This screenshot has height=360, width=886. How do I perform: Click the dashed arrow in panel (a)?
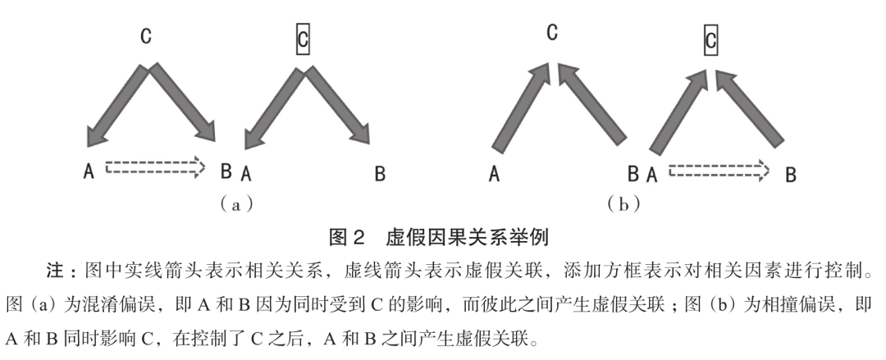click(x=154, y=167)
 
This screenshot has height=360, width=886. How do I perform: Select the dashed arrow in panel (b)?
click(x=719, y=171)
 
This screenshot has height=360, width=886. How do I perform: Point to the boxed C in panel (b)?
click(x=711, y=38)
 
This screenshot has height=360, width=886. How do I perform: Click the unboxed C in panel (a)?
click(x=144, y=38)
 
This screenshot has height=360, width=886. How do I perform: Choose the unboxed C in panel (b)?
click(x=552, y=33)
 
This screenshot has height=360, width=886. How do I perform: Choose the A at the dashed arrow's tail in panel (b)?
click(x=653, y=174)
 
